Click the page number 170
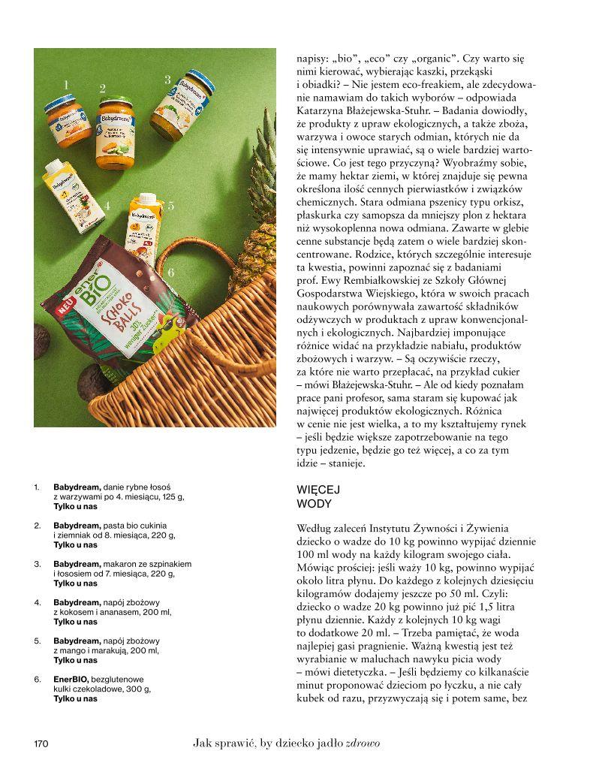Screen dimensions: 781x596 tap(41, 744)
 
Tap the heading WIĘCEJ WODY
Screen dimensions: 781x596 tap(315, 496)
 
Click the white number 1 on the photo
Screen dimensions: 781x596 tap(66, 86)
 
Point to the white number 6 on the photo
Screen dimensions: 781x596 tap(171, 273)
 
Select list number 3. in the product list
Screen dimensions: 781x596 tap(38, 563)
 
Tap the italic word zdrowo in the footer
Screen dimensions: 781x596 tap(363, 743)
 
